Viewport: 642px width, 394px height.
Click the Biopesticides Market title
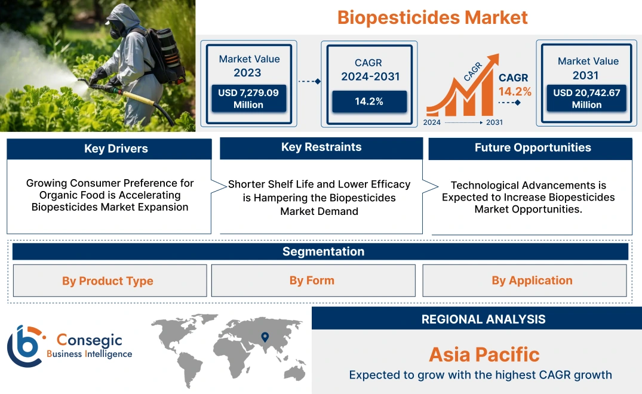(x=432, y=17)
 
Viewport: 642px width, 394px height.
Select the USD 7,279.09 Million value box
(x=248, y=98)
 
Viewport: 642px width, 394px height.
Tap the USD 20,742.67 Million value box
(x=586, y=98)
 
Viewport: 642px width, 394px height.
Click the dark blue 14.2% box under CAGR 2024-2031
(x=369, y=101)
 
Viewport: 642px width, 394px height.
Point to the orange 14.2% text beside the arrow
(x=515, y=91)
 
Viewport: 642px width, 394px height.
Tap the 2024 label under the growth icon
(x=432, y=122)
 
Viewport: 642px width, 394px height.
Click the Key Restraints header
(x=321, y=147)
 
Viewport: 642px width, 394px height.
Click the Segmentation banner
(x=323, y=251)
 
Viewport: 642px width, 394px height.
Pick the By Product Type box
(x=108, y=281)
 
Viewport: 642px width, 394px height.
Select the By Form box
(x=312, y=281)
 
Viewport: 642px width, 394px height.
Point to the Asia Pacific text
(x=484, y=355)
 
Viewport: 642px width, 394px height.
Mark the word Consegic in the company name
(x=89, y=340)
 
